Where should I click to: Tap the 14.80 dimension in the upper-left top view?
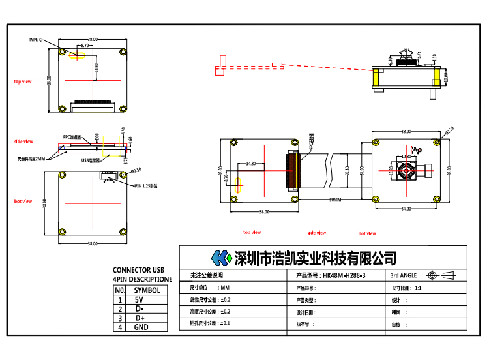(95, 66)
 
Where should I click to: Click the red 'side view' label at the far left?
(23, 141)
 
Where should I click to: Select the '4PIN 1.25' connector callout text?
(145, 186)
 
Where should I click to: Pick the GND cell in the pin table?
(141, 327)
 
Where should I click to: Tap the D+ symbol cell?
(140, 318)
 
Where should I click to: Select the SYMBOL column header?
(147, 290)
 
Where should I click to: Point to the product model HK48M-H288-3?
(344, 276)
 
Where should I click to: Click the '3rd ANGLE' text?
(403, 276)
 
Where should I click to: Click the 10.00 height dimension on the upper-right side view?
(447, 76)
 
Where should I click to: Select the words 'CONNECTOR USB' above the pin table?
(139, 270)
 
